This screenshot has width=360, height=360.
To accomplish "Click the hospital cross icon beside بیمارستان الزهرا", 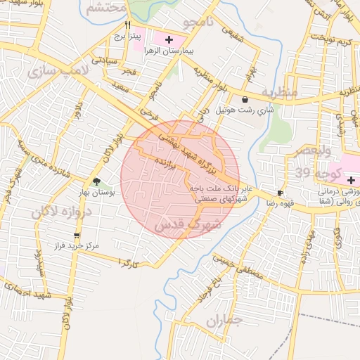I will tap(169, 39).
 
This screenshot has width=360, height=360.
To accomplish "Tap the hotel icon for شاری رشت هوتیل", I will tap(244, 100).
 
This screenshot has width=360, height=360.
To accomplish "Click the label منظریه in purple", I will tap(280, 91).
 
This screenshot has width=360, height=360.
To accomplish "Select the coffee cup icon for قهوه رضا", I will tap(281, 193).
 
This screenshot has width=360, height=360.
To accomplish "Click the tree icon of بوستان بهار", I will tap(96, 181).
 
